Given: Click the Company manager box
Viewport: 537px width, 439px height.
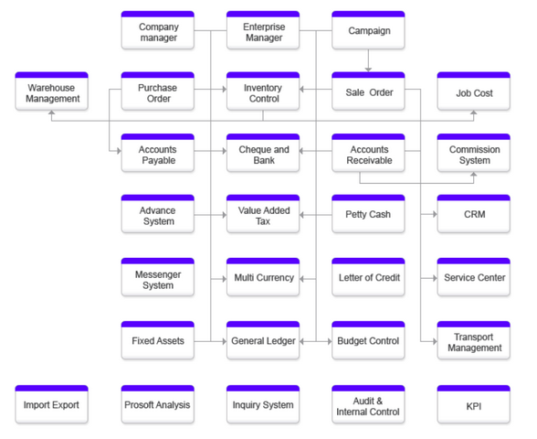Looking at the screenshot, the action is [x=158, y=30].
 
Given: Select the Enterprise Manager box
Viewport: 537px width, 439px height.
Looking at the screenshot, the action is [x=263, y=30].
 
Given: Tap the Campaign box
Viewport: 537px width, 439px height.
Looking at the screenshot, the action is [x=369, y=30].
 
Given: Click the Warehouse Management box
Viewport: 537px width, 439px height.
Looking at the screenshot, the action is [x=52, y=91].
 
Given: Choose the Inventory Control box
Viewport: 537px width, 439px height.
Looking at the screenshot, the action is [x=263, y=91].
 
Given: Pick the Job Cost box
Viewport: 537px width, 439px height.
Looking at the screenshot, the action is [x=474, y=91].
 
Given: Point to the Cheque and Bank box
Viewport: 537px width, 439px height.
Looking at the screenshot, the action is [x=263, y=153].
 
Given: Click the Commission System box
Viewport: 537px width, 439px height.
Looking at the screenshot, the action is [x=474, y=153].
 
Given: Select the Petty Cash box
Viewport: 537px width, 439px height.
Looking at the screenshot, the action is [x=369, y=214].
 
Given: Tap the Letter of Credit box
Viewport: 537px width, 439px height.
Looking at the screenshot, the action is [x=369, y=277].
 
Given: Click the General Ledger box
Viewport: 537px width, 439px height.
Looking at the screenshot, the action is [x=263, y=340].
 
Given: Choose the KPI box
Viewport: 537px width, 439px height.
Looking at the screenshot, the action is [x=474, y=404].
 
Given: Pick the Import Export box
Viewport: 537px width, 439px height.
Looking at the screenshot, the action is [x=52, y=404].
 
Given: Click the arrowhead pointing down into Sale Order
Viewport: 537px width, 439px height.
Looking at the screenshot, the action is [x=369, y=70].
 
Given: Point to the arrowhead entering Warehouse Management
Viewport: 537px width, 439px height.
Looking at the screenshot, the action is [x=52, y=112].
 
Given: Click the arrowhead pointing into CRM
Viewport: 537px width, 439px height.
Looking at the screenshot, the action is [x=435, y=214].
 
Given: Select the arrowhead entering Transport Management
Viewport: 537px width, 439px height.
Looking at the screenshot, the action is [x=435, y=341].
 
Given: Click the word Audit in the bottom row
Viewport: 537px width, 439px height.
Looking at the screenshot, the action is [x=363, y=401].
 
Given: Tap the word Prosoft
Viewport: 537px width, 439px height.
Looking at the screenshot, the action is [x=138, y=405].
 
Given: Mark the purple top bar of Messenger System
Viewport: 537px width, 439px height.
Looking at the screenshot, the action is [x=158, y=261].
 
